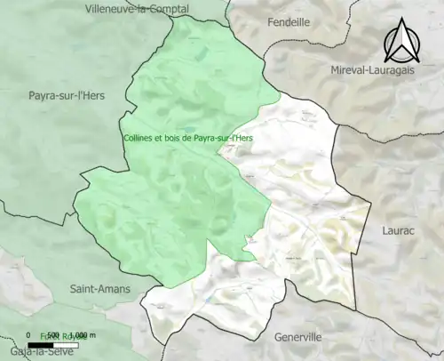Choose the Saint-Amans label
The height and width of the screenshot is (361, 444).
click(x=99, y=289)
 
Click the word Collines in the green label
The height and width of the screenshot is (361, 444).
click(x=139, y=138)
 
